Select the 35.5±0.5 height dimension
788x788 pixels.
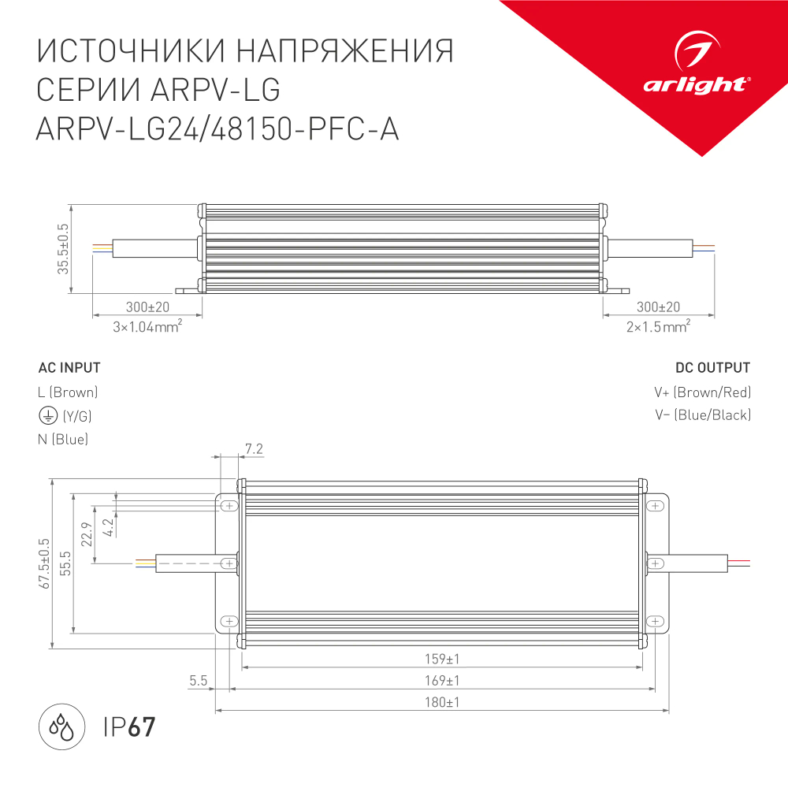coord(63,250)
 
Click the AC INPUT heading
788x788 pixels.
coord(69,368)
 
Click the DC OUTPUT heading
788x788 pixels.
coord(712,368)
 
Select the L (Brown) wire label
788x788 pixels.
coord(68,392)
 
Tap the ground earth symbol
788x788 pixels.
coord(46,415)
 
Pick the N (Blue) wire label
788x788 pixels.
coord(63,440)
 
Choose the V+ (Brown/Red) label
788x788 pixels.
coord(702,392)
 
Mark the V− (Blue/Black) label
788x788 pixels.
coord(702,415)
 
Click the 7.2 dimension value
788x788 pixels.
coord(254,449)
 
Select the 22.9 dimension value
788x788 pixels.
coord(87,534)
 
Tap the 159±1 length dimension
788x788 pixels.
coord(441,659)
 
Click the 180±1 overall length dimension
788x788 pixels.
coord(441,701)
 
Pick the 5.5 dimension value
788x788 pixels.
coord(198,680)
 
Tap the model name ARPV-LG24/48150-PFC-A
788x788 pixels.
coord(217,129)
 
